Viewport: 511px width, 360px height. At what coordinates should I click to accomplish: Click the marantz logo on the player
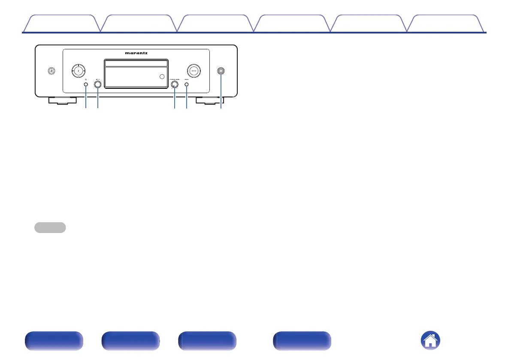coord(136,54)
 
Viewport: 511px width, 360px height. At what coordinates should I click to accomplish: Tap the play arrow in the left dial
coord(78,70)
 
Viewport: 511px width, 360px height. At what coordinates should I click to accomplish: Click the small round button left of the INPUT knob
coord(86,85)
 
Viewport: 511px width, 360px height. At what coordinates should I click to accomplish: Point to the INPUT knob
coord(98,85)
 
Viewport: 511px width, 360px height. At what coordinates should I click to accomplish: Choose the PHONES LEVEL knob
coord(175,85)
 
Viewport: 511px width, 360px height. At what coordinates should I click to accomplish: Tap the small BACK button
coord(187,85)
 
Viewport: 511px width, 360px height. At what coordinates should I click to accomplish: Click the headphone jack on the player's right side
coord(221,71)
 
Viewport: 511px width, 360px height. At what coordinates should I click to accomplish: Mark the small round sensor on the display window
coord(161,77)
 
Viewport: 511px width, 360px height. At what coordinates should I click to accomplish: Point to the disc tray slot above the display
coord(136,64)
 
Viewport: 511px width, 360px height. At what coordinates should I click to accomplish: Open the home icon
coord(431,342)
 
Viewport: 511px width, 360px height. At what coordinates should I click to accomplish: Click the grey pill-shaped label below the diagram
coord(50,227)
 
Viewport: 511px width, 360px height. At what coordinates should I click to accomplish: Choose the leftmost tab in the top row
coord(61,24)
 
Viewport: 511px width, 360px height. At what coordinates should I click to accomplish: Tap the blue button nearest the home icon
coord(302,342)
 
